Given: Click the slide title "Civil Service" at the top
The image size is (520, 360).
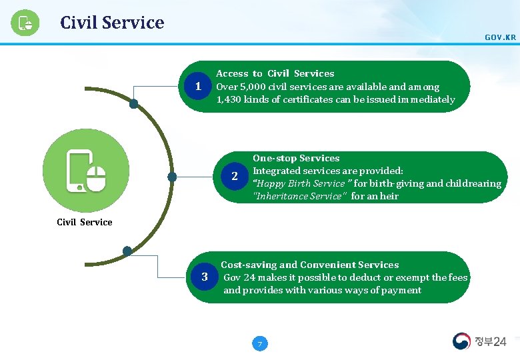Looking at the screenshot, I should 111,23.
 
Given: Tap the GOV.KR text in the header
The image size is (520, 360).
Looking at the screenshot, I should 500,37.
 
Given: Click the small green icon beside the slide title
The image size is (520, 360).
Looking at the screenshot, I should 25,24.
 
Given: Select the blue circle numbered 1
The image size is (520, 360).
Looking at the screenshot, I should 197,87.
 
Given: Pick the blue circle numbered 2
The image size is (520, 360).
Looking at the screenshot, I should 234,177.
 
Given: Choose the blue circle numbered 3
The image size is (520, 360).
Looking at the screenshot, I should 205,277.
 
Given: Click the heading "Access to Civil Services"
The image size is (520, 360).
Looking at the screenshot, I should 275,73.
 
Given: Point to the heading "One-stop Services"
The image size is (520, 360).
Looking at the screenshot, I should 296,158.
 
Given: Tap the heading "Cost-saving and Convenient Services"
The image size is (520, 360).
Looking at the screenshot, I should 309,265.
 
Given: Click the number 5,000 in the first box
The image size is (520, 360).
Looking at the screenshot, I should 251,87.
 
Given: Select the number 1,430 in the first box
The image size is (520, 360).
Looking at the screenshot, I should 229,99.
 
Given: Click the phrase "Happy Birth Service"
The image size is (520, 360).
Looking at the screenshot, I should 301,183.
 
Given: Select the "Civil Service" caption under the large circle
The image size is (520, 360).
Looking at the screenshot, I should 85,222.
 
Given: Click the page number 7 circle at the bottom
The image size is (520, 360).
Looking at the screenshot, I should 260,344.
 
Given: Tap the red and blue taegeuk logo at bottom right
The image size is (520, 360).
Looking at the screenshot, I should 461,341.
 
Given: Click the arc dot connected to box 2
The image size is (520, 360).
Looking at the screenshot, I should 172,177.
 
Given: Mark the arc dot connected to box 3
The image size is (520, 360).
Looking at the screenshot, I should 127,251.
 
